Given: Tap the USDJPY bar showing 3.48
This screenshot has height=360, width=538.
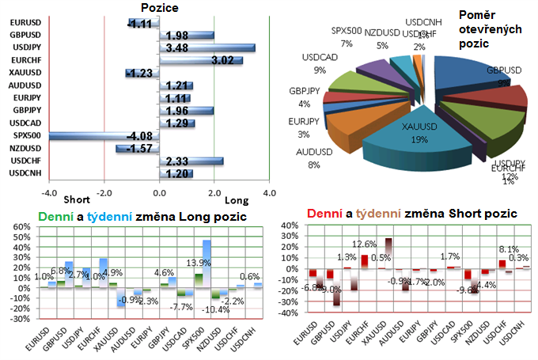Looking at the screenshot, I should coord(207,48).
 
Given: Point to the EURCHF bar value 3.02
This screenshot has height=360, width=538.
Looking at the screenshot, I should coord(201,60).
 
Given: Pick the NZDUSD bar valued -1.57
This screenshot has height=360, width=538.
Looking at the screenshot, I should coord(138,149).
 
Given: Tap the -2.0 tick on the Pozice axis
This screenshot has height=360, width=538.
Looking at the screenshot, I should coord(104,192).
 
